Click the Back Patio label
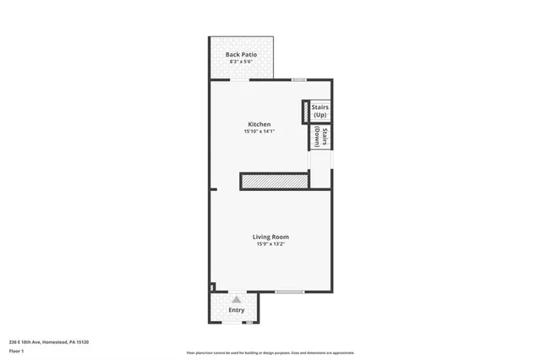242,55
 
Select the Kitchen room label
260,124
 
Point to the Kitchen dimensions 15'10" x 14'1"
260,132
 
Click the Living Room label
271,237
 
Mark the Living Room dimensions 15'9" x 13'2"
271,244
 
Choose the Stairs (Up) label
320,111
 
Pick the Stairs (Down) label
320,137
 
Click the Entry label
237,311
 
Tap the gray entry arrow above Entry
237,299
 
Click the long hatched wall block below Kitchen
274,181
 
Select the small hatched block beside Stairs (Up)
305,112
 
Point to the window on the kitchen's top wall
298,79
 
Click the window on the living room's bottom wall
289,292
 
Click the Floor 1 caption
16,350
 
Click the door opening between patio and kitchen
240,79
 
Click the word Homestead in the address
57,341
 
